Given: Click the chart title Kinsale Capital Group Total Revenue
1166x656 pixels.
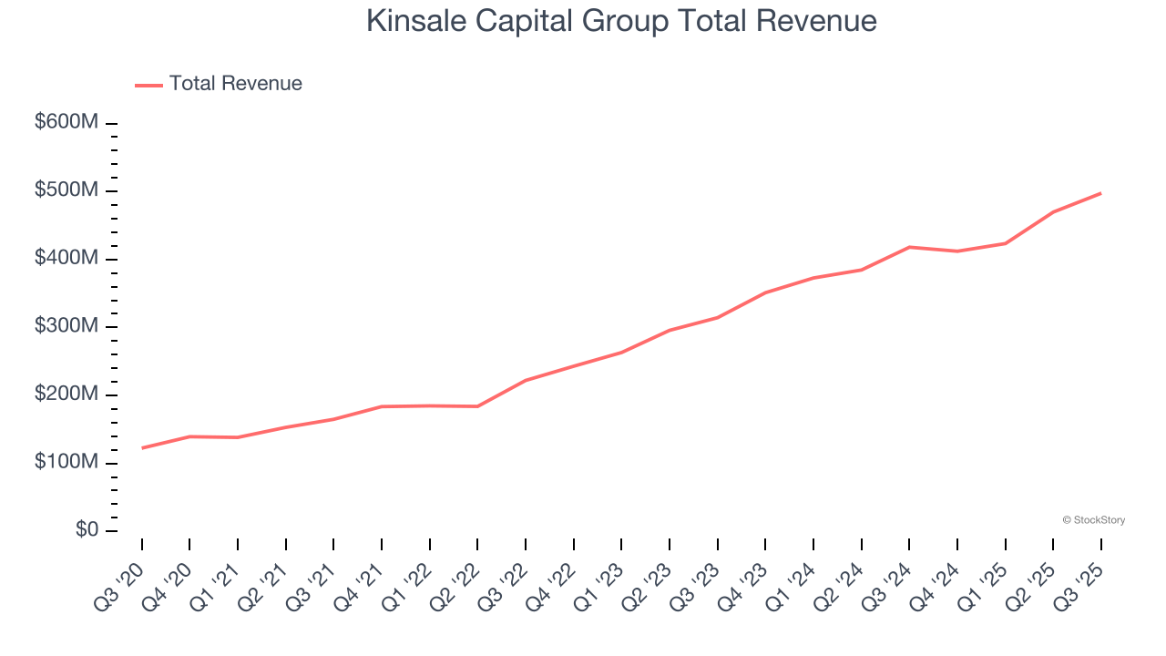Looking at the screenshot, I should (621, 21).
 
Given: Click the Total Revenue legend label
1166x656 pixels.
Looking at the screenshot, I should (235, 84).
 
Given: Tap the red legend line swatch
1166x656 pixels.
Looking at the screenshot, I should (148, 85).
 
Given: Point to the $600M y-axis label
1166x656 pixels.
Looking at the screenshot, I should (66, 122).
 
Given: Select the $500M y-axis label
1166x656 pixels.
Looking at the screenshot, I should (66, 190).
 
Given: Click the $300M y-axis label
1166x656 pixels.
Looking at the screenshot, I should (66, 326).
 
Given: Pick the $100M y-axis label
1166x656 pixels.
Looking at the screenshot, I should (66, 462).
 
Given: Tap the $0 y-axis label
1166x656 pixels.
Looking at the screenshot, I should (86, 530).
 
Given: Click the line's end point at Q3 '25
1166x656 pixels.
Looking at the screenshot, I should (1100, 193).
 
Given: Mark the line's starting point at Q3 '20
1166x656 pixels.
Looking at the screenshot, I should (142, 447).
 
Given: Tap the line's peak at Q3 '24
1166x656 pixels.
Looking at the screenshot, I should (909, 247).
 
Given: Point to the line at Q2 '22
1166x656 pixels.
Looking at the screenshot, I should (477, 406).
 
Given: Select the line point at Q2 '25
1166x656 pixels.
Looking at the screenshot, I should (1053, 212).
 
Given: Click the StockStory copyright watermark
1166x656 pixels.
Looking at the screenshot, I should (1093, 520).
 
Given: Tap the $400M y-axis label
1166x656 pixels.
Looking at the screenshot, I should (66, 258).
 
